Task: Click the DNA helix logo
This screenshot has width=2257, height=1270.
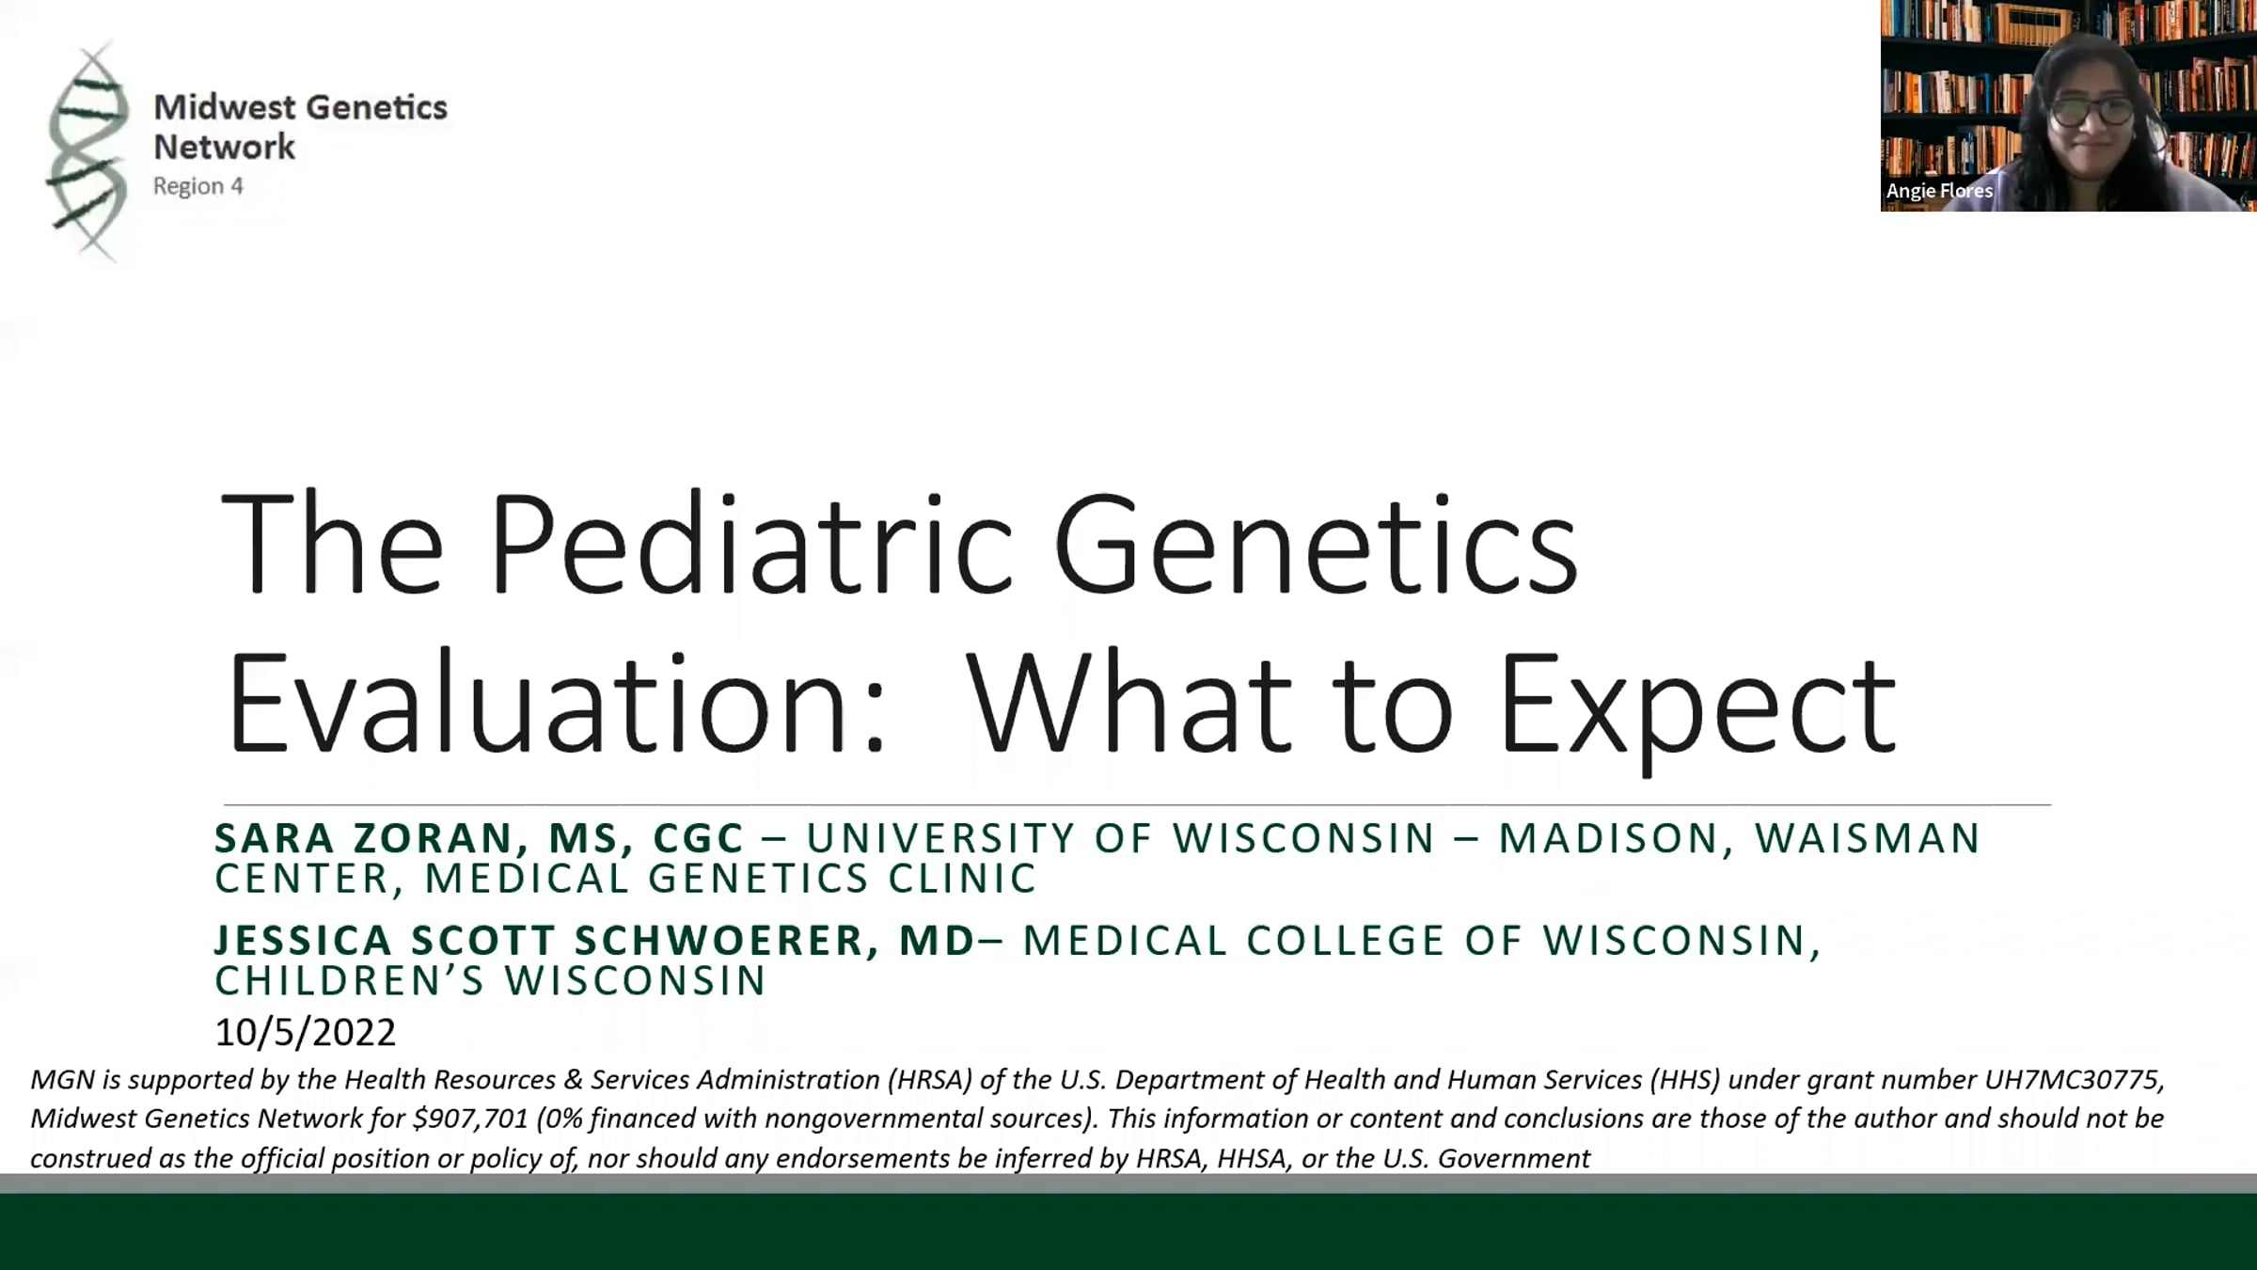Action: point(87,151)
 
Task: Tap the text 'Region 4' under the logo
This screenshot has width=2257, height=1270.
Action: point(198,186)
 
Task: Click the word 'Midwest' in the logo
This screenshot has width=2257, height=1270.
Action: point(225,107)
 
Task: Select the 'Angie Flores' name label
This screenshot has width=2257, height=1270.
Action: point(1939,191)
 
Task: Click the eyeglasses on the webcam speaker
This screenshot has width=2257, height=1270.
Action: point(2093,111)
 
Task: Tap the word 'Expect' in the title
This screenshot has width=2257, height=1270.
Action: point(1697,710)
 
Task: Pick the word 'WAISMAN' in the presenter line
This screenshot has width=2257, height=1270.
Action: point(1868,838)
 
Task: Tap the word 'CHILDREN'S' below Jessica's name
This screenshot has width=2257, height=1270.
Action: point(349,980)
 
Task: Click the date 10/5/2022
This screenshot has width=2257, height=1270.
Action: point(305,1033)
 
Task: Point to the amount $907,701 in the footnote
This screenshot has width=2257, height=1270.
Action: point(470,1119)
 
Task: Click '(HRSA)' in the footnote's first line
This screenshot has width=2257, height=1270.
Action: point(928,1080)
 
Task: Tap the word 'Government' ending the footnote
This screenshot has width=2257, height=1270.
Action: point(1513,1158)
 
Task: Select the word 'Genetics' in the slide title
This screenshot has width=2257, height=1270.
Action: point(1316,547)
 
